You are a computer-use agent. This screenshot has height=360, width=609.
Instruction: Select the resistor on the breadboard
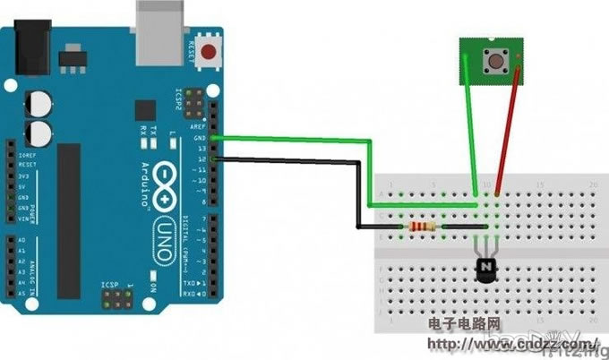tap(423, 227)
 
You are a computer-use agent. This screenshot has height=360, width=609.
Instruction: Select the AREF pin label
tap(199, 128)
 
